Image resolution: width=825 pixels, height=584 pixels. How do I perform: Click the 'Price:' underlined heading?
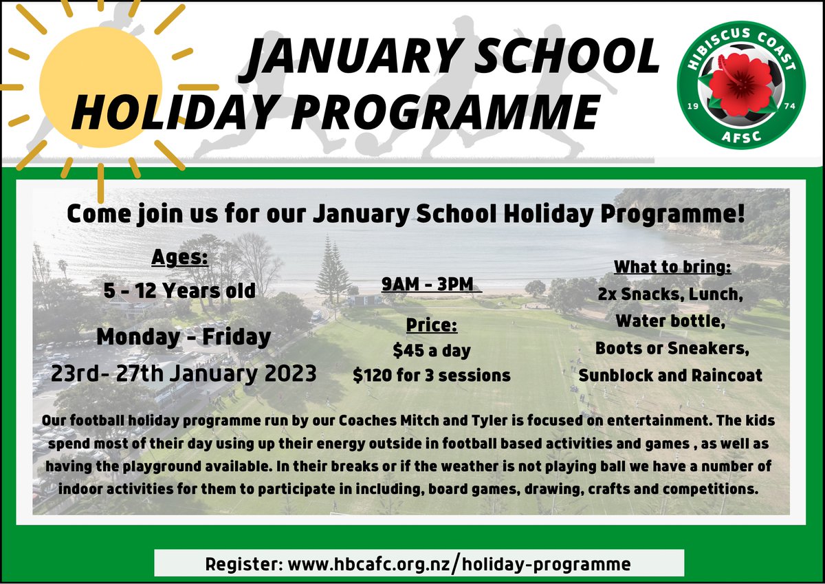(431, 325)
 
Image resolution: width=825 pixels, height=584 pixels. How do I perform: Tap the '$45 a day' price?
(431, 350)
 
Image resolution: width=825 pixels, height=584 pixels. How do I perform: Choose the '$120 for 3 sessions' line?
(431, 375)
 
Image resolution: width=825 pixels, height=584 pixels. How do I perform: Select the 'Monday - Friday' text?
(184, 337)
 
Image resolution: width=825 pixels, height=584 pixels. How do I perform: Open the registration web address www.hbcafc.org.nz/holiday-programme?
(459, 565)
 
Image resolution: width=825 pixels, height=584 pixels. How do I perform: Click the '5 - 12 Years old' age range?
(179, 290)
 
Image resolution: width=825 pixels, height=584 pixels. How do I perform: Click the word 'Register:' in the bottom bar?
(243, 565)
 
